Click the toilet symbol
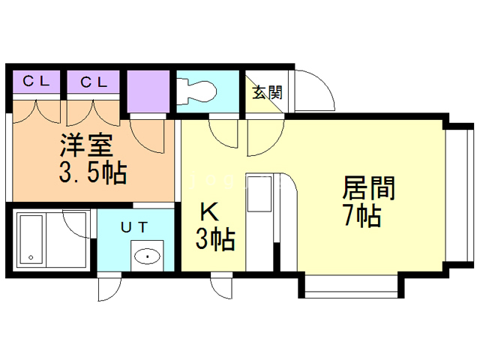pos(196,91)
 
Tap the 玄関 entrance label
pos(267,92)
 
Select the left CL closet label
pos(36,82)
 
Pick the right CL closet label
pos(94,82)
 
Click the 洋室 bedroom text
pos(87,145)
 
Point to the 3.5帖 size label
pos(93,173)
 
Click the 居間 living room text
pos(369,187)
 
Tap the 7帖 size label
pos(363,215)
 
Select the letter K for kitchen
pos(209,212)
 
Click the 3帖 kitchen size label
pos(215,239)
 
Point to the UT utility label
pos(134,227)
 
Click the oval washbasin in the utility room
pos(147,256)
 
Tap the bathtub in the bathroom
pos(31,239)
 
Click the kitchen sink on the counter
pos(259,193)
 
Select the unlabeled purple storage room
pos(148,91)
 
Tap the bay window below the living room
pos(352,286)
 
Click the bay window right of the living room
pos(459,196)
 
